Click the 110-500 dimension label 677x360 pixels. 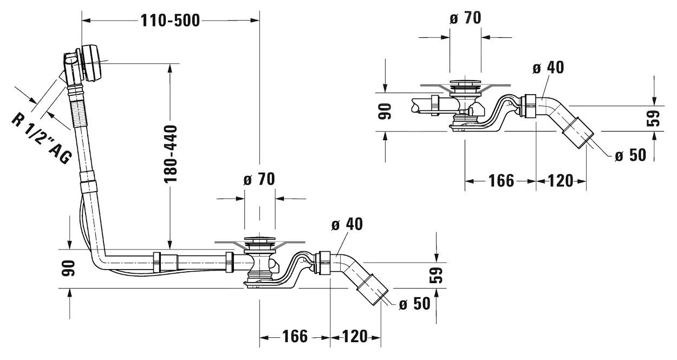[x=170, y=21]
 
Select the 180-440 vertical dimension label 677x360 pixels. [x=170, y=153]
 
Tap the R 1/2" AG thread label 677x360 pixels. [x=41, y=139]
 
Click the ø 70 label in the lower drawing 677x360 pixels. [x=259, y=180]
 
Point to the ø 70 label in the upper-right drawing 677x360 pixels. [x=465, y=18]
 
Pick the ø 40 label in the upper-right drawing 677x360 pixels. [x=548, y=68]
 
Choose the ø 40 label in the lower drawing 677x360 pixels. [x=347, y=224]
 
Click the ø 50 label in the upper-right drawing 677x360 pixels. [x=630, y=155]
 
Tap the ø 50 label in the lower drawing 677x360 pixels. [x=414, y=304]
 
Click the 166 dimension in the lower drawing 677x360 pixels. [x=295, y=337]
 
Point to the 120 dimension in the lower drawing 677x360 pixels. [x=355, y=337]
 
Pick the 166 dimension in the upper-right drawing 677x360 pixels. [x=501, y=181]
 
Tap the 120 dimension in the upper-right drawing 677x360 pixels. [x=561, y=181]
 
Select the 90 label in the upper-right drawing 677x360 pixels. [x=385, y=112]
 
